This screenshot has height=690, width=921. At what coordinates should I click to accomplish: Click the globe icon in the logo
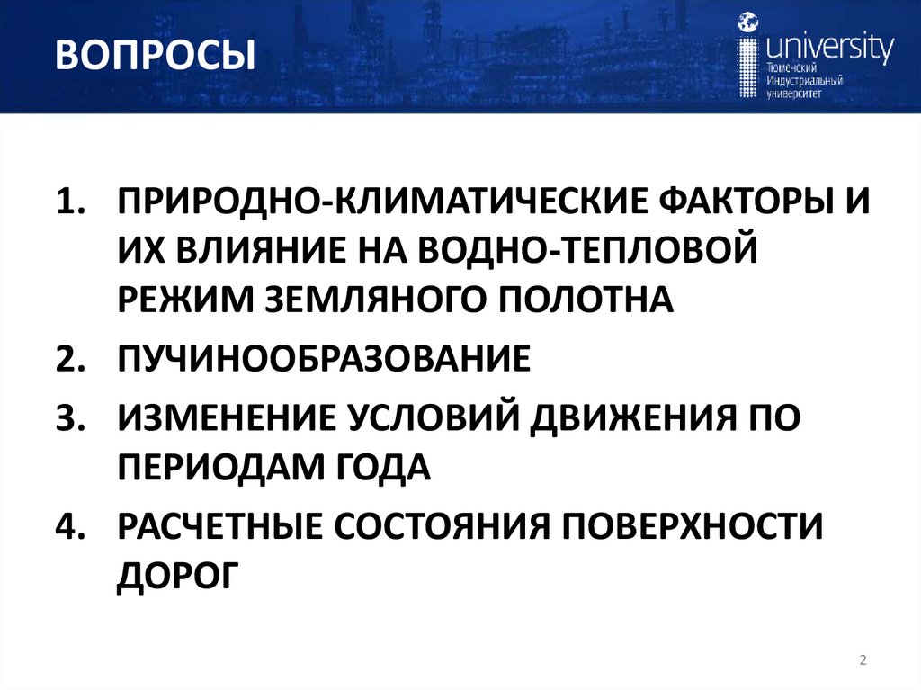click(747, 22)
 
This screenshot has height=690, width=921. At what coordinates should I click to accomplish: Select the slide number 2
click(863, 661)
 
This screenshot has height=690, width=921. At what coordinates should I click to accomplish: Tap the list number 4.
click(68, 525)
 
